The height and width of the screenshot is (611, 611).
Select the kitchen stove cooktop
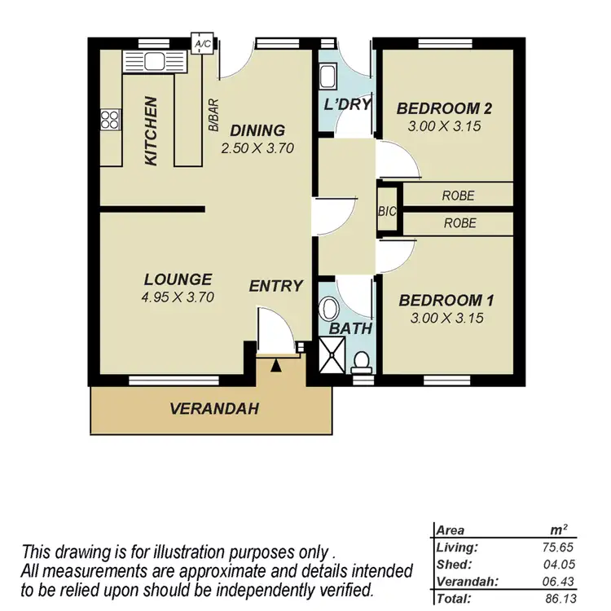pyautogui.click(x=109, y=120)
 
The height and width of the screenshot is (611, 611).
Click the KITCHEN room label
pyautogui.click(x=151, y=131)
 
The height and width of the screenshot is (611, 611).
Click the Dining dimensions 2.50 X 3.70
pyautogui.click(x=257, y=148)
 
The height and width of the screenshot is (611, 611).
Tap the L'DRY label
pyautogui.click(x=348, y=104)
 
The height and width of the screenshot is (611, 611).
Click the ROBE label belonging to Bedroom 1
pyautogui.click(x=459, y=223)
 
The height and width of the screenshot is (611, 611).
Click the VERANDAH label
pyautogui.click(x=214, y=409)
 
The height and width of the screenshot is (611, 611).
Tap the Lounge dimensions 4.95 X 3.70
pyautogui.click(x=177, y=297)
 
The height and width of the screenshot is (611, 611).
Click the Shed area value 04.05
pyautogui.click(x=564, y=564)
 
